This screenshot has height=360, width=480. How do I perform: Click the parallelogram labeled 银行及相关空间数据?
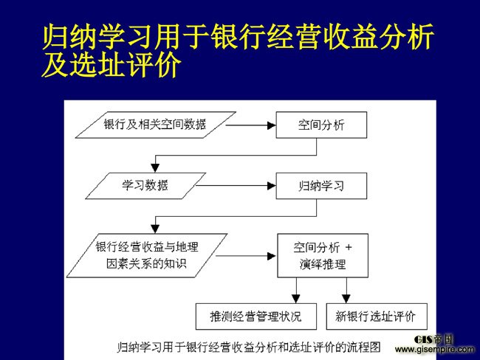click(156, 125)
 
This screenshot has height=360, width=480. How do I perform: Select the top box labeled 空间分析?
click(321, 125)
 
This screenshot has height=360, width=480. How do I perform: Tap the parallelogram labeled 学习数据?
click(145, 186)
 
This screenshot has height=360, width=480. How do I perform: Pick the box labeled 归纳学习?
click(321, 186)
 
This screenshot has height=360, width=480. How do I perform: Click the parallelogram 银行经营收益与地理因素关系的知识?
click(147, 256)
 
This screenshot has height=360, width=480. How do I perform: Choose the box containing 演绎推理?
click(323, 256)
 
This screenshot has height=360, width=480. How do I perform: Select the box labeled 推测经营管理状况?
click(256, 316)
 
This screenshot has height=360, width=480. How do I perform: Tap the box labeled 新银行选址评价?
click(377, 316)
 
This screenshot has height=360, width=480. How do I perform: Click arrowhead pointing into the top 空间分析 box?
click(272, 125)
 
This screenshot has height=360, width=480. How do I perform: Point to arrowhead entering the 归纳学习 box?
click(272, 186)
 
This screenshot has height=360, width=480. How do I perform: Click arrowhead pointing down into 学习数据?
click(155, 168)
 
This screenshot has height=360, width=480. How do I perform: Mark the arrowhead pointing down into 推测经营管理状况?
click(296, 299)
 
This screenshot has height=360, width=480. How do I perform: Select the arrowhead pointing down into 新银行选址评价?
click(346, 299)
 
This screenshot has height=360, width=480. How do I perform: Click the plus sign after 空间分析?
click(349, 247)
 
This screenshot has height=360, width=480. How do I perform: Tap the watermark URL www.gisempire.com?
click(435, 349)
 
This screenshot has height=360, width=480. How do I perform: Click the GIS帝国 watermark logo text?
click(433, 339)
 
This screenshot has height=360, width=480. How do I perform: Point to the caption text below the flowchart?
click(249, 347)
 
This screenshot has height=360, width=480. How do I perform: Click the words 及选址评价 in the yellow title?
click(112, 64)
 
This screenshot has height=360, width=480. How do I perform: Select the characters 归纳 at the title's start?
click(70, 36)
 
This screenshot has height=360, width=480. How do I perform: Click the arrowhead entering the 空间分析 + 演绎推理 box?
click(272, 256)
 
